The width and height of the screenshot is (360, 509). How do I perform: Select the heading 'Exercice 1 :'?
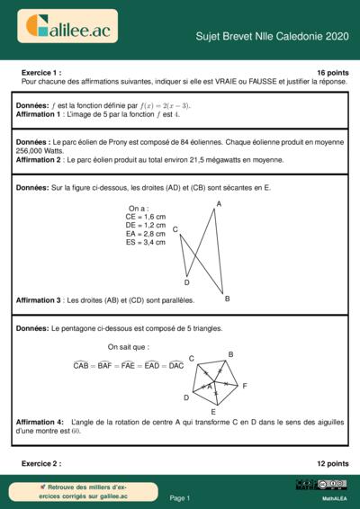(x=40, y=71)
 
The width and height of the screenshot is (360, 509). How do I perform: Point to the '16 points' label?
(x=333, y=71)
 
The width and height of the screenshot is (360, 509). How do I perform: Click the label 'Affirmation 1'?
(x=39, y=115)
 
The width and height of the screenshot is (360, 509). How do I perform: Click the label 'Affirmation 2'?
(x=39, y=160)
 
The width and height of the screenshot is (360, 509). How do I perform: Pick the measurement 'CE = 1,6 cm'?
(x=145, y=217)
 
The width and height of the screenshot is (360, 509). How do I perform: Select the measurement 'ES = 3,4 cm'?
(x=145, y=242)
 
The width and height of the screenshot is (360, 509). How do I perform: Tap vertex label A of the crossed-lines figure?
(x=219, y=204)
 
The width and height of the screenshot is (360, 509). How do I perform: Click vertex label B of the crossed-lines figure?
(x=227, y=298)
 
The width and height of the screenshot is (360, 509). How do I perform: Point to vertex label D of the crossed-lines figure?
(x=186, y=282)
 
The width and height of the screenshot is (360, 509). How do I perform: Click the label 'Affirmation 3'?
(x=39, y=299)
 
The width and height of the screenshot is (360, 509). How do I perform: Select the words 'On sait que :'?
(x=129, y=346)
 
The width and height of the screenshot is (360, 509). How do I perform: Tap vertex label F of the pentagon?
(x=244, y=385)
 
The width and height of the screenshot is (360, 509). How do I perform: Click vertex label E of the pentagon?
(x=212, y=411)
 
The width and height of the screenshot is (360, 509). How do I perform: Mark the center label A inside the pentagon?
(x=210, y=387)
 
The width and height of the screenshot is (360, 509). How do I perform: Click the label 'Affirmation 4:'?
(x=40, y=422)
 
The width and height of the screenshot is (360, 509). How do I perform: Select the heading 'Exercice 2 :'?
(x=40, y=463)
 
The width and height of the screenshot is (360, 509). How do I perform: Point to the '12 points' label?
(x=333, y=463)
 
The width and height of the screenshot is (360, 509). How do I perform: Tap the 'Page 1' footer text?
(x=180, y=497)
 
